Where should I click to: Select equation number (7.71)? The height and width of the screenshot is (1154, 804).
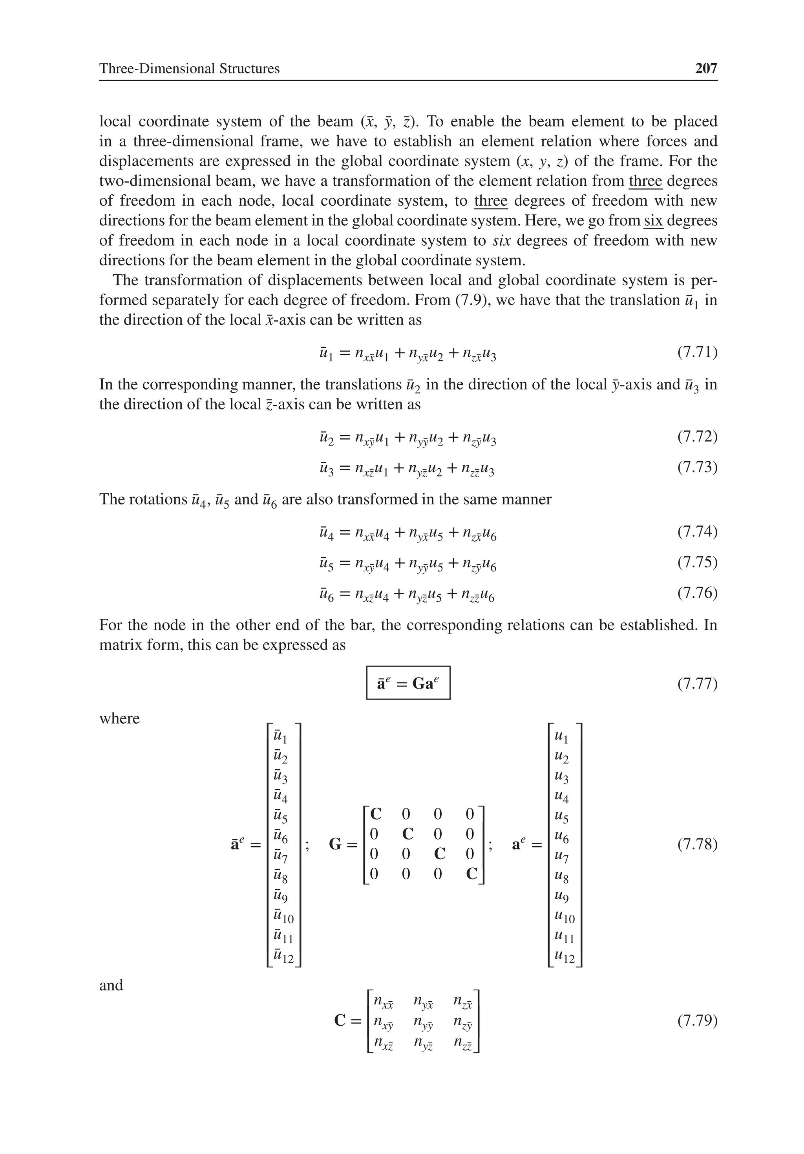pyautogui.click(x=697, y=352)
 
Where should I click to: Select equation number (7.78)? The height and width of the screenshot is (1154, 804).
pyautogui.click(x=697, y=844)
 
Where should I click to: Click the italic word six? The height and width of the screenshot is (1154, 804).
pyautogui.click(x=501, y=240)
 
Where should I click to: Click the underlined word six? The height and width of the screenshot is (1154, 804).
pyautogui.click(x=653, y=221)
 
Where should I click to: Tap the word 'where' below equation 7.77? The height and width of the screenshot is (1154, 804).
pyautogui.click(x=119, y=718)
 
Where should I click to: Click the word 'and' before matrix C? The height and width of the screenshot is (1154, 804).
pyautogui.click(x=111, y=985)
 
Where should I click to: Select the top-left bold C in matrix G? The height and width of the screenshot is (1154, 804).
pyautogui.click(x=375, y=814)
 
